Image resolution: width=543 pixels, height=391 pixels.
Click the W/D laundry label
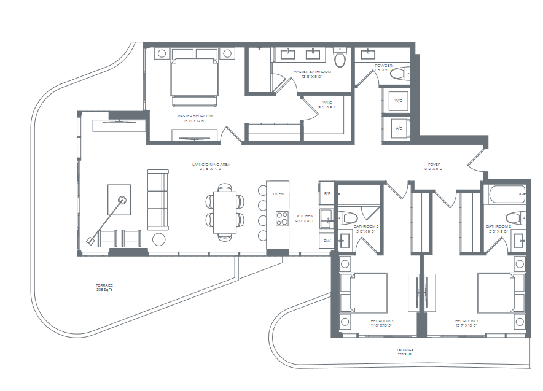398,100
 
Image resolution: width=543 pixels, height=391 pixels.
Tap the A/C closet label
398,128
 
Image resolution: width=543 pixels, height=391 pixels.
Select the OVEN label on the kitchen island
278,194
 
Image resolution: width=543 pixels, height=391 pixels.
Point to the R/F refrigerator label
327,193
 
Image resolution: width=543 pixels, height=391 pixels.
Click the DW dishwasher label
327,241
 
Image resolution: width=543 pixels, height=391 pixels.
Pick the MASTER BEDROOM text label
195,116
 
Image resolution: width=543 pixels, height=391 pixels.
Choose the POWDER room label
384,66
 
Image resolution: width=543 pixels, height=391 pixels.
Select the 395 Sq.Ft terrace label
104,287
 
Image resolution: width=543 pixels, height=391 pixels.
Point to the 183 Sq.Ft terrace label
404,352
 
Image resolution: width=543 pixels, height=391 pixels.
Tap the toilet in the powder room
398,74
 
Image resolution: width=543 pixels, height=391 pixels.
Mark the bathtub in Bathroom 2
507,195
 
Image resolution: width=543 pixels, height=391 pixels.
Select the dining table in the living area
224,212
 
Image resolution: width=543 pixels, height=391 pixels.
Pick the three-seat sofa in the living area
157,199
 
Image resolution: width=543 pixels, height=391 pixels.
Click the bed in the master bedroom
195,77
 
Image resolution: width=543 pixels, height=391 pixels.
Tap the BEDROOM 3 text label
381,321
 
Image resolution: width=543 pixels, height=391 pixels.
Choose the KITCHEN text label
305,217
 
